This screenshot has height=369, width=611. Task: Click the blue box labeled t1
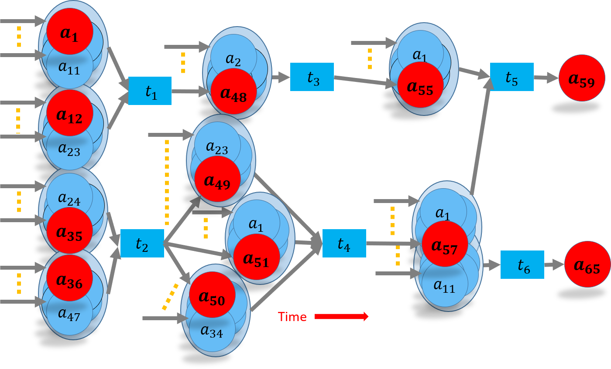(x=150, y=91)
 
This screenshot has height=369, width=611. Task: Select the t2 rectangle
(x=142, y=243)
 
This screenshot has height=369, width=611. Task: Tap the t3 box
(x=312, y=77)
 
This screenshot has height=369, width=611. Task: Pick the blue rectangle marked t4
(x=344, y=243)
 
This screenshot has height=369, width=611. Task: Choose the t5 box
(x=511, y=77)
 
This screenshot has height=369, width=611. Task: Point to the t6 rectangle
(x=522, y=264)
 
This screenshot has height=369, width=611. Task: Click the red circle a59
(x=581, y=78)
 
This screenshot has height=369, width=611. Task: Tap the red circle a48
(x=233, y=91)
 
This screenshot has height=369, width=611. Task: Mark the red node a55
(x=420, y=85)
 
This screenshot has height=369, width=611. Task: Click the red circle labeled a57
(x=445, y=244)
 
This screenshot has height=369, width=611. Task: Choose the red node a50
(x=212, y=295)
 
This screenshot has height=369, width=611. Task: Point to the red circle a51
(x=256, y=257)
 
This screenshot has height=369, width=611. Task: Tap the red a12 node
(x=70, y=113)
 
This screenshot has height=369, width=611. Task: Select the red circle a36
(x=69, y=278)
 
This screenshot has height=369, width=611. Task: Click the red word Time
(x=292, y=317)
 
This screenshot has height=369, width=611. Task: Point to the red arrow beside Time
(x=341, y=316)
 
